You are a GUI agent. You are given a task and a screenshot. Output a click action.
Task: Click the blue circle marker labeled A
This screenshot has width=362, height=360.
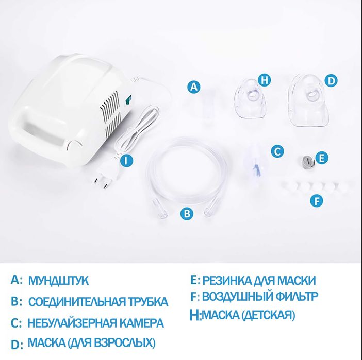(x=194, y=87)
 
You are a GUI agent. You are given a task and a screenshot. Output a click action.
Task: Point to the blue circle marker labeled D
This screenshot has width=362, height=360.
(x=331, y=80)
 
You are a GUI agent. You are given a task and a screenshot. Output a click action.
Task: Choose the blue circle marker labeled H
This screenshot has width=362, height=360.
(x=265, y=80)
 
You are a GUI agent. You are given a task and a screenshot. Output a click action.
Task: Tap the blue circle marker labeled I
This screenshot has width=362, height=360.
(x=127, y=160)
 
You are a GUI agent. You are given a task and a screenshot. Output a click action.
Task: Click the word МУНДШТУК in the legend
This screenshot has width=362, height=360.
(x=58, y=281)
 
